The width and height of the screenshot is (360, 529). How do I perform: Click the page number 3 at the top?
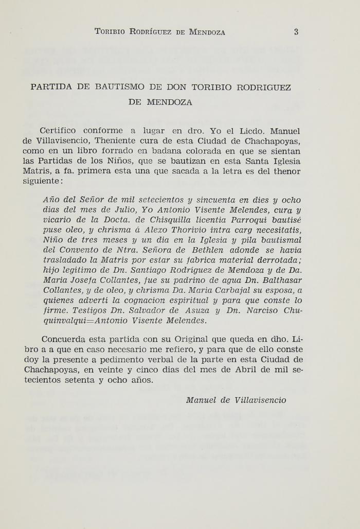point(296,32)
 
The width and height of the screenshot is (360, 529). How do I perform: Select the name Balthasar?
point(280,280)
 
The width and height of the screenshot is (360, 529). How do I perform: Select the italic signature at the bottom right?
point(236,400)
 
